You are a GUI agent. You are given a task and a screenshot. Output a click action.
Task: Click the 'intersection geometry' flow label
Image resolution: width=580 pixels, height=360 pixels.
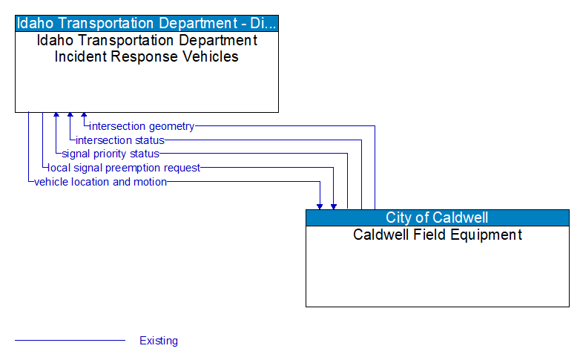click(142, 126)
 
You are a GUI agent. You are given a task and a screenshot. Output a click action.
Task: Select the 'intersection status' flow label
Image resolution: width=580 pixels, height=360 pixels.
click(119, 140)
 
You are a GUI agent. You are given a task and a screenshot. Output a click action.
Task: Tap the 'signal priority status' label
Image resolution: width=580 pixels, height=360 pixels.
click(110, 154)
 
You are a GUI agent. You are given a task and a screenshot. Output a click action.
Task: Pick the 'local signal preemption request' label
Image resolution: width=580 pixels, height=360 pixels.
click(124, 168)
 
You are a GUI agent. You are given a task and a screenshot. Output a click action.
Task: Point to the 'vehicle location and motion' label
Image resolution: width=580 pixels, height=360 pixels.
click(100, 182)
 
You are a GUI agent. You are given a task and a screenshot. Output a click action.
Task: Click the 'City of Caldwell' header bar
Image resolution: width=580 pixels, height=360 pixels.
click(437, 217)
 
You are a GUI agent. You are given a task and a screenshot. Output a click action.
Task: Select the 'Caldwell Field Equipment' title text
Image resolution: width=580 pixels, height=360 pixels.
click(437, 235)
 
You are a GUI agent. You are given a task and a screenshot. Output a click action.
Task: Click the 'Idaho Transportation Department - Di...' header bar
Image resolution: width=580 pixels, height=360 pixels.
click(147, 23)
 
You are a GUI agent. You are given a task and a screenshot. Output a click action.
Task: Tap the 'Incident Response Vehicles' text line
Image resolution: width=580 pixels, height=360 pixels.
click(147, 56)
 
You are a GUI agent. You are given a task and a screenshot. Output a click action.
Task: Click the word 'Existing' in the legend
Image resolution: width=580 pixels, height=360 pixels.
click(159, 341)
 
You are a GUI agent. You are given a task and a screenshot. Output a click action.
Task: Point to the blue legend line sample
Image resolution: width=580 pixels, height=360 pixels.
click(70, 341)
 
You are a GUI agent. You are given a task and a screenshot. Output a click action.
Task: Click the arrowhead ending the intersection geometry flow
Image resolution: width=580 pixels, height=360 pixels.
click(84, 116)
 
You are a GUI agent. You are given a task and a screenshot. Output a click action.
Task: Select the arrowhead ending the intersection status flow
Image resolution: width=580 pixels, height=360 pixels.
click(70, 116)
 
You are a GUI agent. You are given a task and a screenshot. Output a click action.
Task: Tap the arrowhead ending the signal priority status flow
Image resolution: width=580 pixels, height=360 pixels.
click(56, 116)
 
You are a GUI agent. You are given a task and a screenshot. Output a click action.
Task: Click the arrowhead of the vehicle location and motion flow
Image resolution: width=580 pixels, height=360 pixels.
click(320, 206)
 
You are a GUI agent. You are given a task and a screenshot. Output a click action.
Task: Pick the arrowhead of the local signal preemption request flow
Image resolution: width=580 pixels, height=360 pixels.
click(334, 206)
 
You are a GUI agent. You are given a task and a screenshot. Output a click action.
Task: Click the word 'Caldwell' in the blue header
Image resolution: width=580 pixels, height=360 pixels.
click(460, 217)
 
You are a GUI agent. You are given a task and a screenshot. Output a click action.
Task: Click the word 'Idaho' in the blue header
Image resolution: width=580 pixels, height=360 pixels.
click(38, 23)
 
